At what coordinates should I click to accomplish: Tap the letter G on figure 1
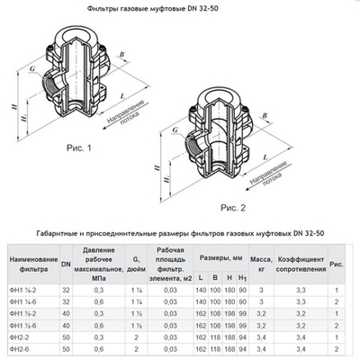point(32,67)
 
